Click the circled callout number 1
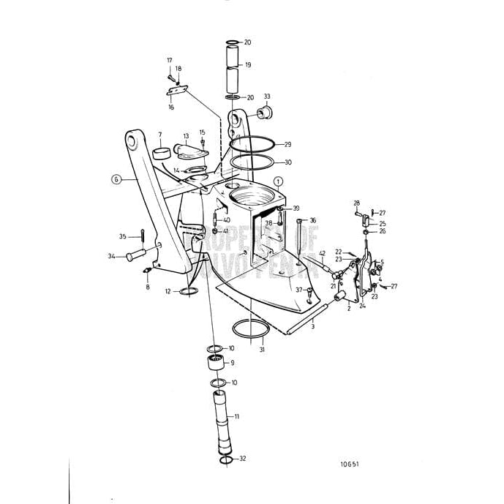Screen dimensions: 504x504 279,180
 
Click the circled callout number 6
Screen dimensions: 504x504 115,178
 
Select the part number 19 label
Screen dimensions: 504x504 248,66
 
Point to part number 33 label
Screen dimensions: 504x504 267,97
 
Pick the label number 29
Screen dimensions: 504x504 287,144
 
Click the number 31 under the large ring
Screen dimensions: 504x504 262,350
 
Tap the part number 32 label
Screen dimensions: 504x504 242,459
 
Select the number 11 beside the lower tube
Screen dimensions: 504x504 236,416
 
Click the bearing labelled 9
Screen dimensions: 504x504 211,362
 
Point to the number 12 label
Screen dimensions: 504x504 168,291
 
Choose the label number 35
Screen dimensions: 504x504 122,236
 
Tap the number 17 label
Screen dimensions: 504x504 169,60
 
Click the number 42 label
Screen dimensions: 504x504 321,253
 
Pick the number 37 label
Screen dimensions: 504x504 298,290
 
